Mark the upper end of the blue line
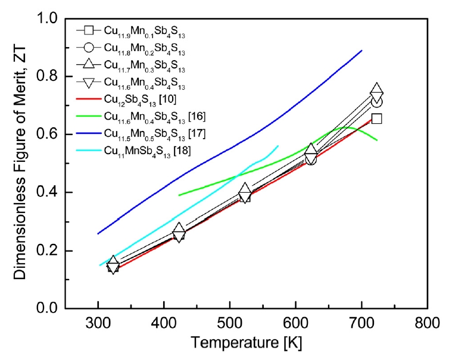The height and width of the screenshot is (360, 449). pos(362,50)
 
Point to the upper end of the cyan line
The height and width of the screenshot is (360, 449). pos(278,145)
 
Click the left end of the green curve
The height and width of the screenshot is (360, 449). pos(179,195)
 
